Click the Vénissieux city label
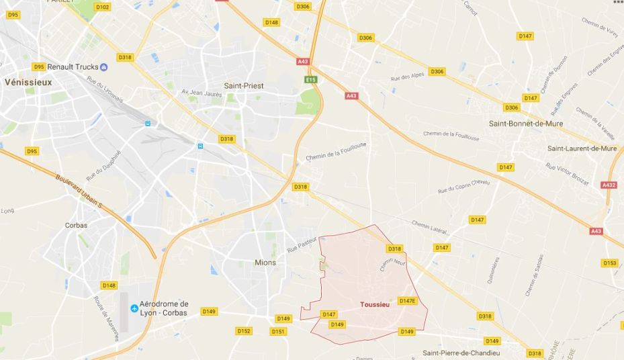tap(28, 82)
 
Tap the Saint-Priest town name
tap(244, 86)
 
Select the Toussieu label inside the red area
tap(375, 305)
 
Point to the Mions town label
tap(265, 263)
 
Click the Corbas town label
tap(76, 226)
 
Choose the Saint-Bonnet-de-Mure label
tap(526, 124)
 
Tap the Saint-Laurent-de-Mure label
tap(582, 148)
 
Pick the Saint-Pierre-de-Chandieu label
tap(461, 353)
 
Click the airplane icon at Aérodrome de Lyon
tap(134, 308)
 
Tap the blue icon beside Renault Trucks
tap(103, 66)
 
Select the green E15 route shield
tap(310, 79)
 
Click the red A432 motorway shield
tap(609, 185)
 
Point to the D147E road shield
tap(407, 301)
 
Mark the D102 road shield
tap(102, 7)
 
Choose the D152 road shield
tap(243, 331)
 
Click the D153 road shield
tap(609, 263)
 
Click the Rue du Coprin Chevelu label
tap(464, 186)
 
